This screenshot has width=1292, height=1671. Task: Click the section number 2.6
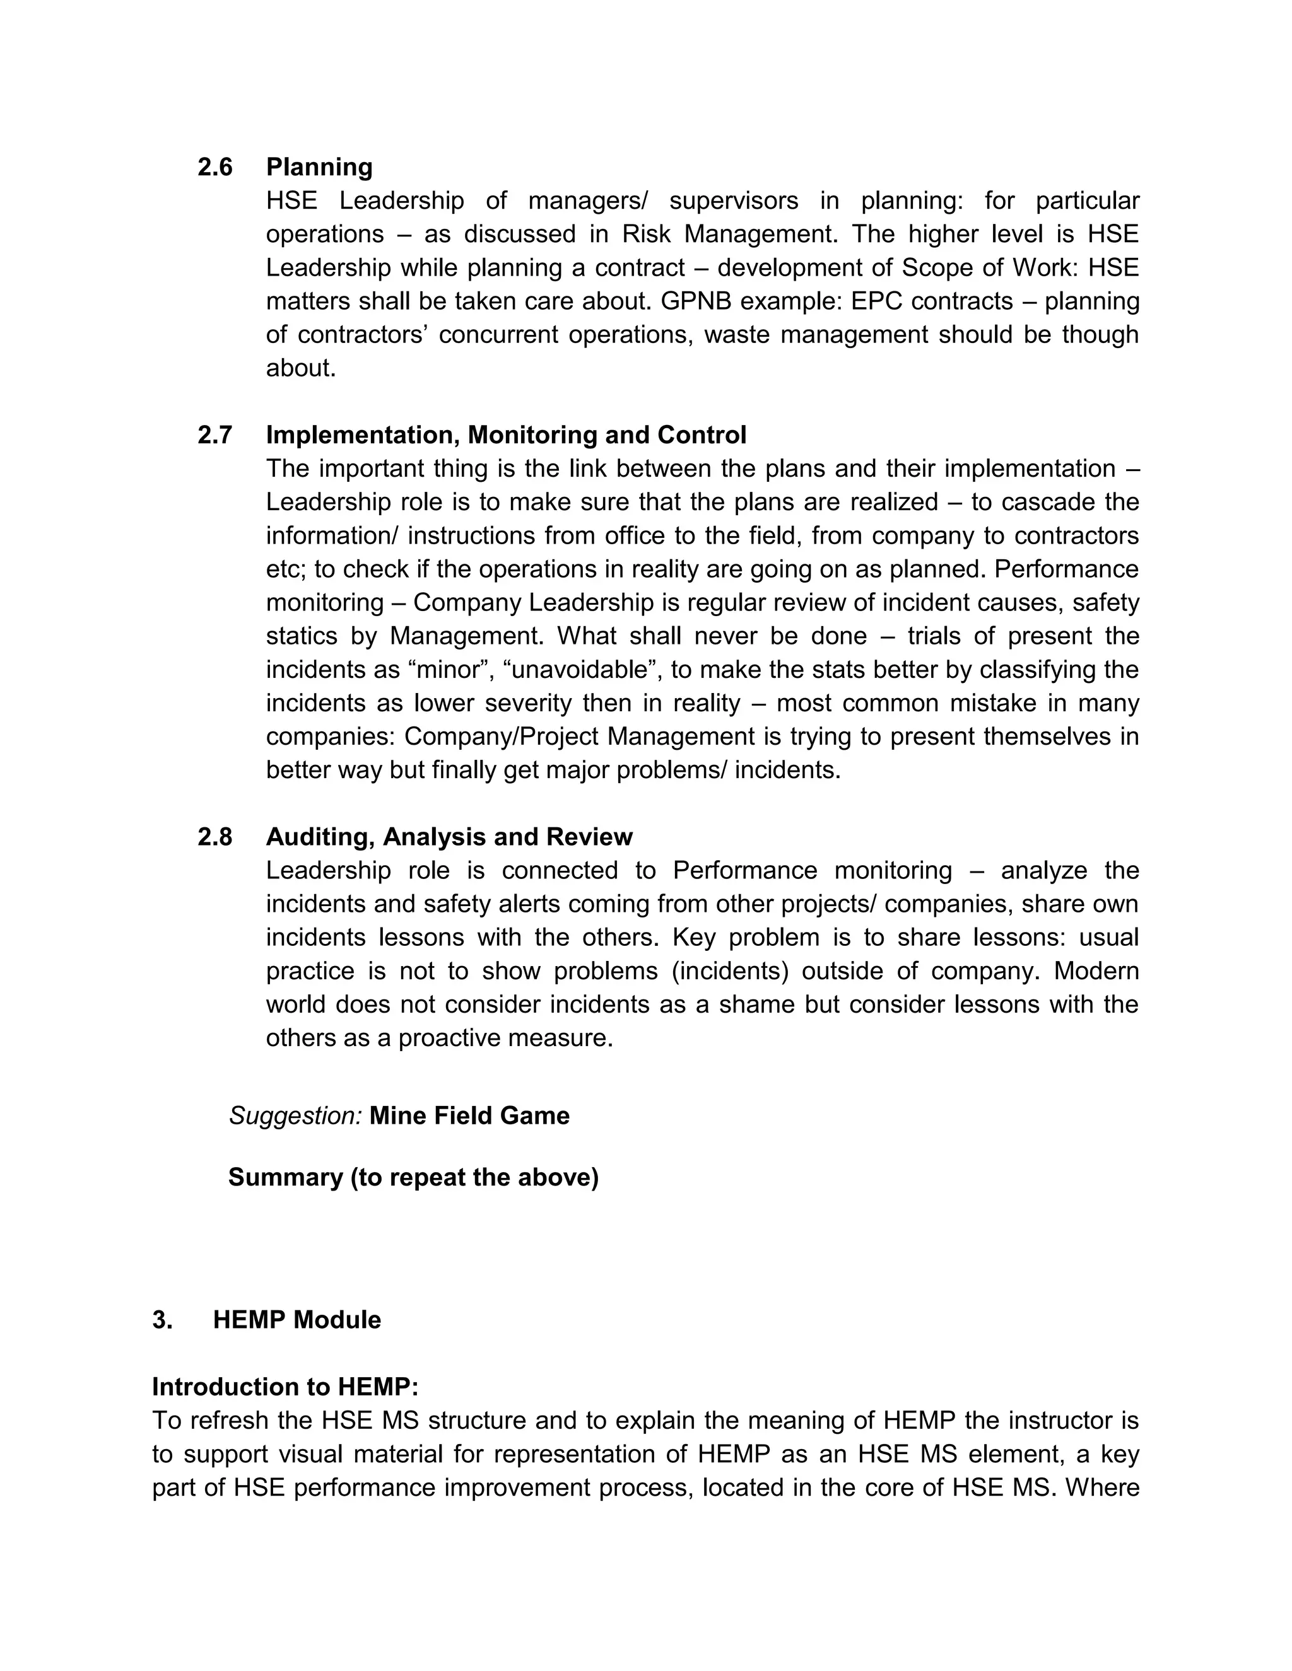(x=214, y=167)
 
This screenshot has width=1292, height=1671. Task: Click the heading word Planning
(x=319, y=167)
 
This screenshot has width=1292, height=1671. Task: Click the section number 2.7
(x=214, y=435)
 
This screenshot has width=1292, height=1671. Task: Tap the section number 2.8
(x=214, y=837)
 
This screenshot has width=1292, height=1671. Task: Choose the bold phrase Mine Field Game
(x=469, y=1115)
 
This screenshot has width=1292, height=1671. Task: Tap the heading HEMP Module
(x=297, y=1320)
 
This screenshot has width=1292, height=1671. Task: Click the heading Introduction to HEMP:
(x=285, y=1387)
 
